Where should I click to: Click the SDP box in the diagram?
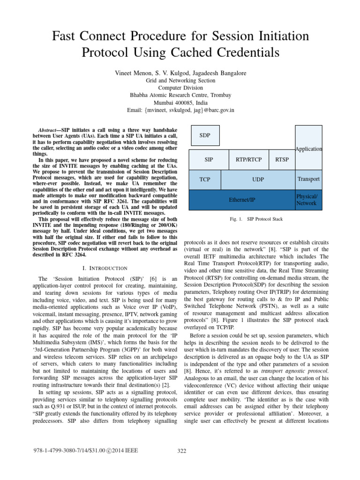[204, 136]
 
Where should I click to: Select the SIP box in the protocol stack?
[209, 160]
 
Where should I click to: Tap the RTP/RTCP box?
[249, 160]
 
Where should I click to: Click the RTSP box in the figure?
[282, 160]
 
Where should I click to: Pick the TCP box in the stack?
[204, 180]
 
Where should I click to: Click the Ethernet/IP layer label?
[241, 200]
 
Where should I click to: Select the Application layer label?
[308, 149]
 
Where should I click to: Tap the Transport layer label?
[308, 179]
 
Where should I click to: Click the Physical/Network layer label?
[307, 200]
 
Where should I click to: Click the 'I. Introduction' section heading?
[105, 268]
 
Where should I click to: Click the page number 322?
[182, 451]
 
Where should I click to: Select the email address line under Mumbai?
[180, 110]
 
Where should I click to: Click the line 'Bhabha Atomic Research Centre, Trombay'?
[180, 95]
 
